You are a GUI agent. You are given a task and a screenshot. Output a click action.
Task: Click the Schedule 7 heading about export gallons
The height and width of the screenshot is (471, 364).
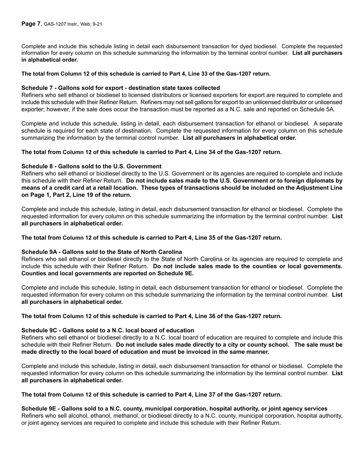click(x=120, y=88)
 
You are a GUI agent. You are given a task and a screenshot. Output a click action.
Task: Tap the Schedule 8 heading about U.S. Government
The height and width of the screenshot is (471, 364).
click(x=91, y=166)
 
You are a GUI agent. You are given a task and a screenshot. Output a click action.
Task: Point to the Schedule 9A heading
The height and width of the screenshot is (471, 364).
click(x=102, y=252)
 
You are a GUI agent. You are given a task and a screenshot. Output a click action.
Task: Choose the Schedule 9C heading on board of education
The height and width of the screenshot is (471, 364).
click(x=108, y=330)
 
